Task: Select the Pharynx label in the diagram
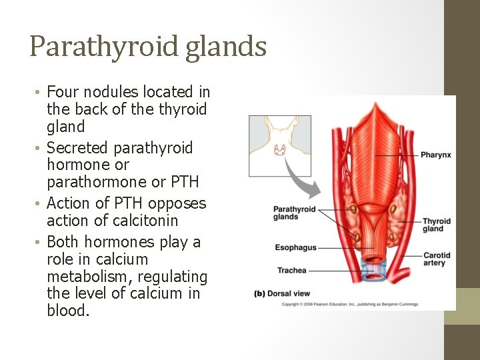point(435,155)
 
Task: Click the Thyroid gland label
point(436,225)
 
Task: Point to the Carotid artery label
point(437,259)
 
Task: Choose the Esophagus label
point(295,248)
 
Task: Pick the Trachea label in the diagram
point(292,270)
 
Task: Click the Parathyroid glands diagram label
point(294,213)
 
